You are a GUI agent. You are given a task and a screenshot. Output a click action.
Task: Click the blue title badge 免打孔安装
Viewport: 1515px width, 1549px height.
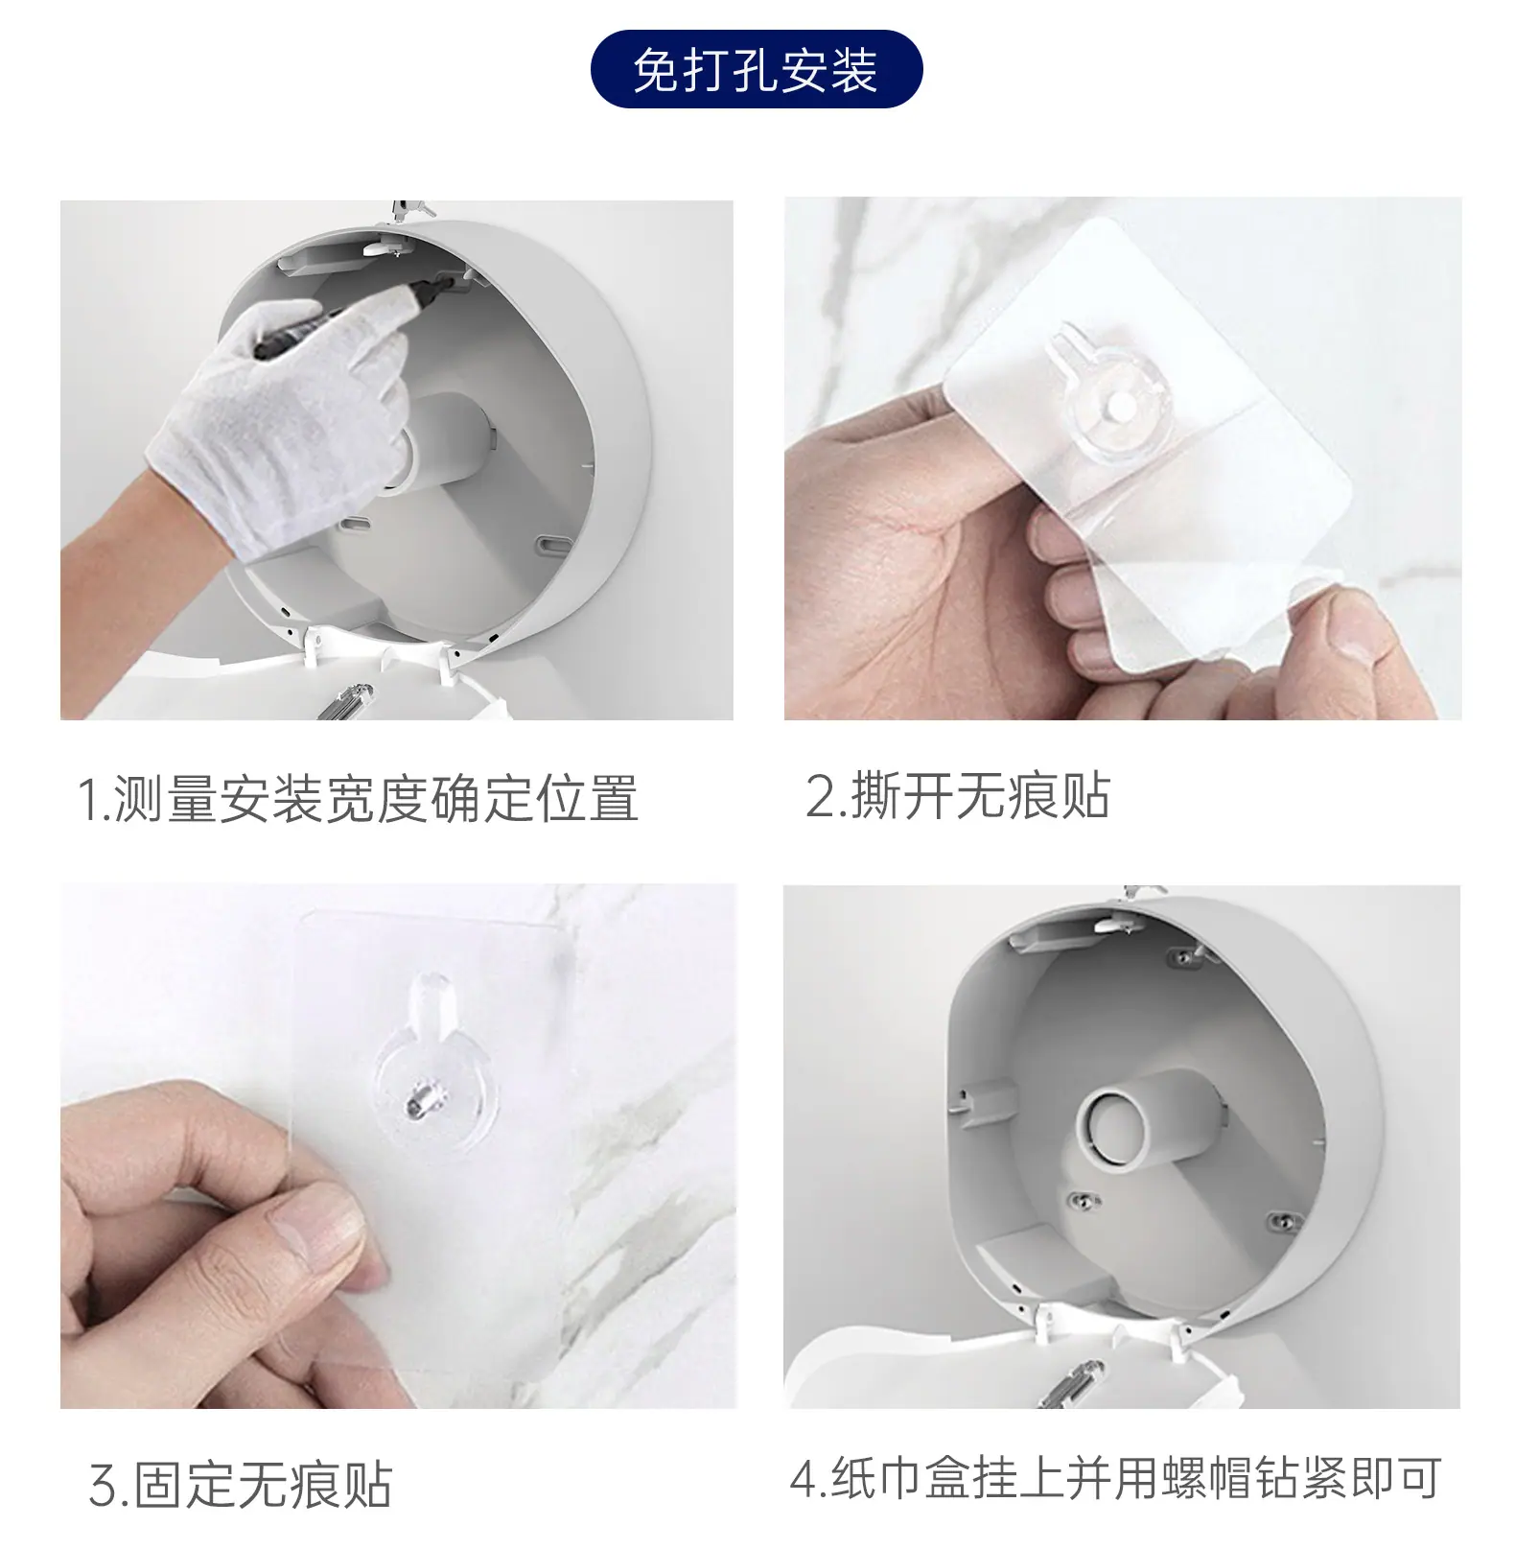[756, 69]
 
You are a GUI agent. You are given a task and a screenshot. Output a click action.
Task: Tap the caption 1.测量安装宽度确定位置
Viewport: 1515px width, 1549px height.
[358, 798]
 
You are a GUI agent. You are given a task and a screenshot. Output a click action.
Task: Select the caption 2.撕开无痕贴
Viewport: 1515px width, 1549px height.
[957, 796]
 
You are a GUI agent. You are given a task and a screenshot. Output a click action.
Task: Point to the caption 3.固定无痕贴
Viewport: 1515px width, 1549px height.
[241, 1484]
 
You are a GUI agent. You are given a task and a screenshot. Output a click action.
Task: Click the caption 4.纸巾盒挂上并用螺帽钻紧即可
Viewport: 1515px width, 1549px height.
[1115, 1478]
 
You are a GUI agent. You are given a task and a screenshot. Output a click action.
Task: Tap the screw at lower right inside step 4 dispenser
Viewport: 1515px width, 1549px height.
[1282, 1221]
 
